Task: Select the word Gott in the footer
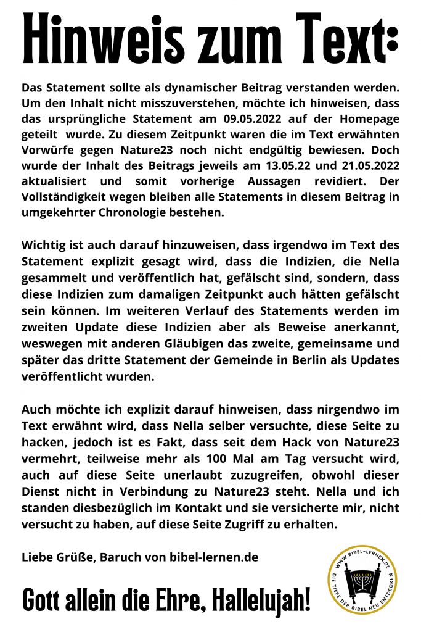tap(44, 599)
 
